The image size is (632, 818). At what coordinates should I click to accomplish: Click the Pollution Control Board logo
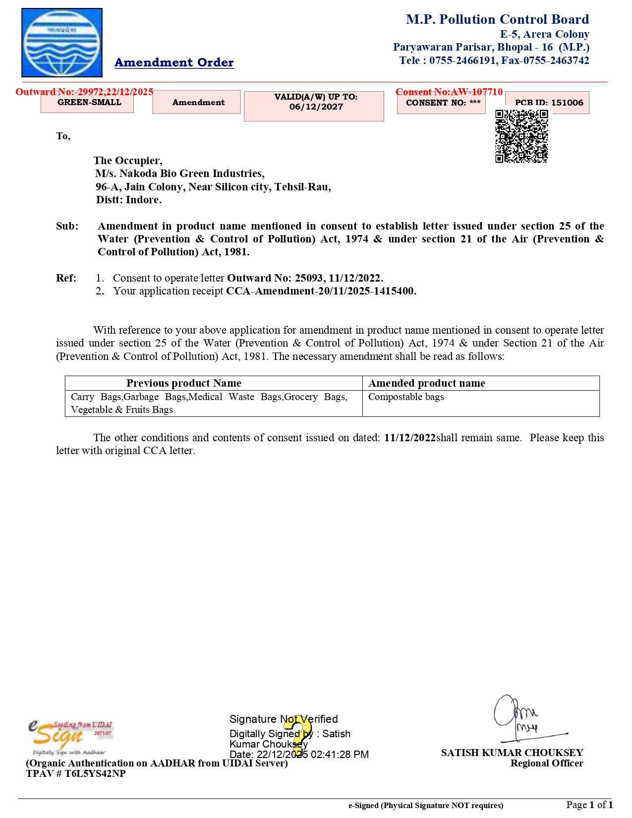coord(62,43)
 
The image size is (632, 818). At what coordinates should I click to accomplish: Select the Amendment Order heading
coord(174,62)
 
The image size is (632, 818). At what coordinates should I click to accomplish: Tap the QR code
coord(521,136)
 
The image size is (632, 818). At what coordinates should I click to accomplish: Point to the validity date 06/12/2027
coord(316,107)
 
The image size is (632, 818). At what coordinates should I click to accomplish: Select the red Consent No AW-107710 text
coord(449,92)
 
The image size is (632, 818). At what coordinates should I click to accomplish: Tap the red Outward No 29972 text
coord(84,92)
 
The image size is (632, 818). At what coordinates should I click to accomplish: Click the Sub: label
coord(67,226)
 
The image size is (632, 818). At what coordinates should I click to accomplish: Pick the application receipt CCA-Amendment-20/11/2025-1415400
coord(321,291)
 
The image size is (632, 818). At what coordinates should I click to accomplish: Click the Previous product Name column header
coord(183,383)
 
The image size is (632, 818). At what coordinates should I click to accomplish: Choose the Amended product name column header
coord(427,383)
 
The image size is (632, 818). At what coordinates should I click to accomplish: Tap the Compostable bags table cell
coord(406,397)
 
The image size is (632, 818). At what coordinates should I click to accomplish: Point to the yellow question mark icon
coord(298,733)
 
